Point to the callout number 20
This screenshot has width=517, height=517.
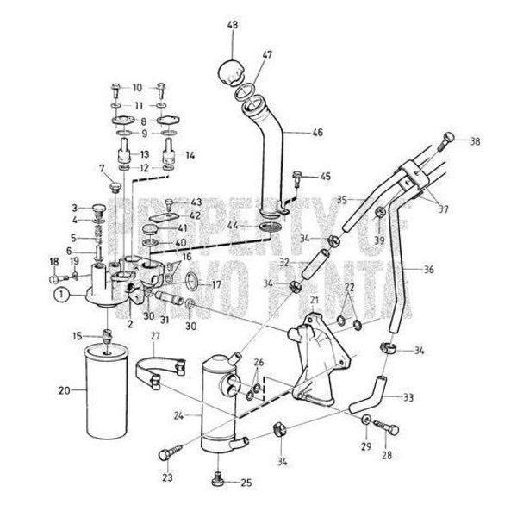64,390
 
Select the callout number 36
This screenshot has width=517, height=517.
429,269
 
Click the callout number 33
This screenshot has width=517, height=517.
408,397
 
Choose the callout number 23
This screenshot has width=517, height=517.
165,477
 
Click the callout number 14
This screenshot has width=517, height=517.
190,156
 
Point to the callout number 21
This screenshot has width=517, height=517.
315,299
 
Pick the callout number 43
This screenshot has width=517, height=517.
196,201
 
